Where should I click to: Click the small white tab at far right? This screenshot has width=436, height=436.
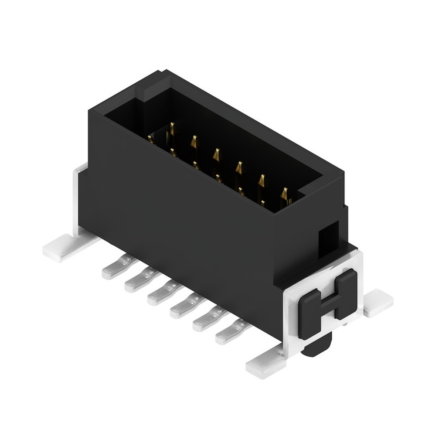378,303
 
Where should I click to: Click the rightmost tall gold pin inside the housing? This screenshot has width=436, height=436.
284,196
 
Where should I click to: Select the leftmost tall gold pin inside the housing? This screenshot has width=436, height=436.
172,131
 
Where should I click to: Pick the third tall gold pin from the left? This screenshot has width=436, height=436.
216,157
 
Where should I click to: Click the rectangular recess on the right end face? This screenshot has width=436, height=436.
329,238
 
